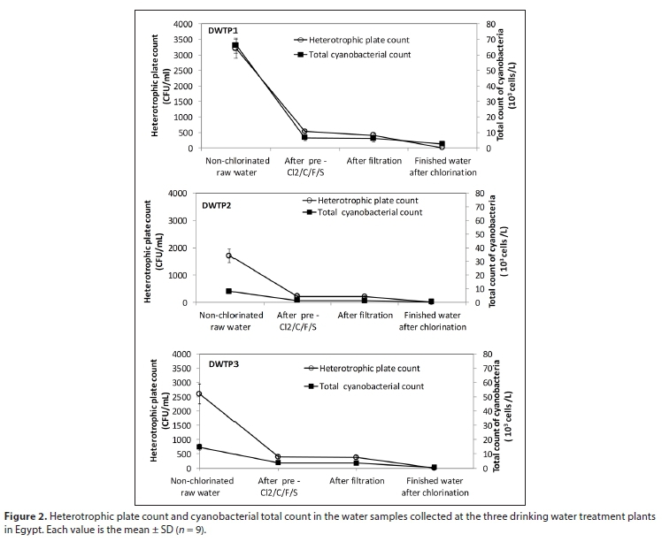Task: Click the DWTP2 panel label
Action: tap(217, 205)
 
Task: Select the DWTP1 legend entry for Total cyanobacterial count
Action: tap(351, 56)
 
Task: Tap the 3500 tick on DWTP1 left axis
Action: tap(182, 40)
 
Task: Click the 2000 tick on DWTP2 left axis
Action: tap(177, 248)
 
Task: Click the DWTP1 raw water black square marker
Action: tap(235, 45)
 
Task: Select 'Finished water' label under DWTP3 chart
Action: tap(435, 481)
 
